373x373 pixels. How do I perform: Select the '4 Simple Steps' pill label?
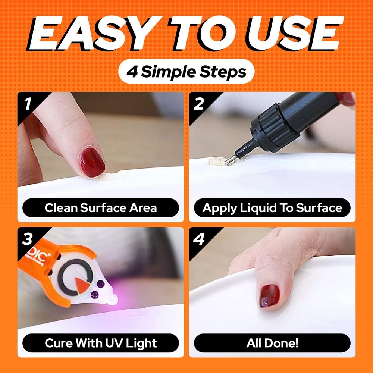tap(186, 71)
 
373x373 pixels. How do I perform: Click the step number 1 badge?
tap(27, 104)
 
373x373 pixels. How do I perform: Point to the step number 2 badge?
tap(199, 104)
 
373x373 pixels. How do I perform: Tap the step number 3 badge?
tap(27, 239)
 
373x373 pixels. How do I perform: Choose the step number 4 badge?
tap(199, 239)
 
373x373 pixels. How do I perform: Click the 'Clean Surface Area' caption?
tap(100, 208)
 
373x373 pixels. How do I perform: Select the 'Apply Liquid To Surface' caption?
tap(272, 208)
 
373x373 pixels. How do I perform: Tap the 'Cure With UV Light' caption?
tap(100, 343)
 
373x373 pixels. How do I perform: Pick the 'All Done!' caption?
tap(272, 343)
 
